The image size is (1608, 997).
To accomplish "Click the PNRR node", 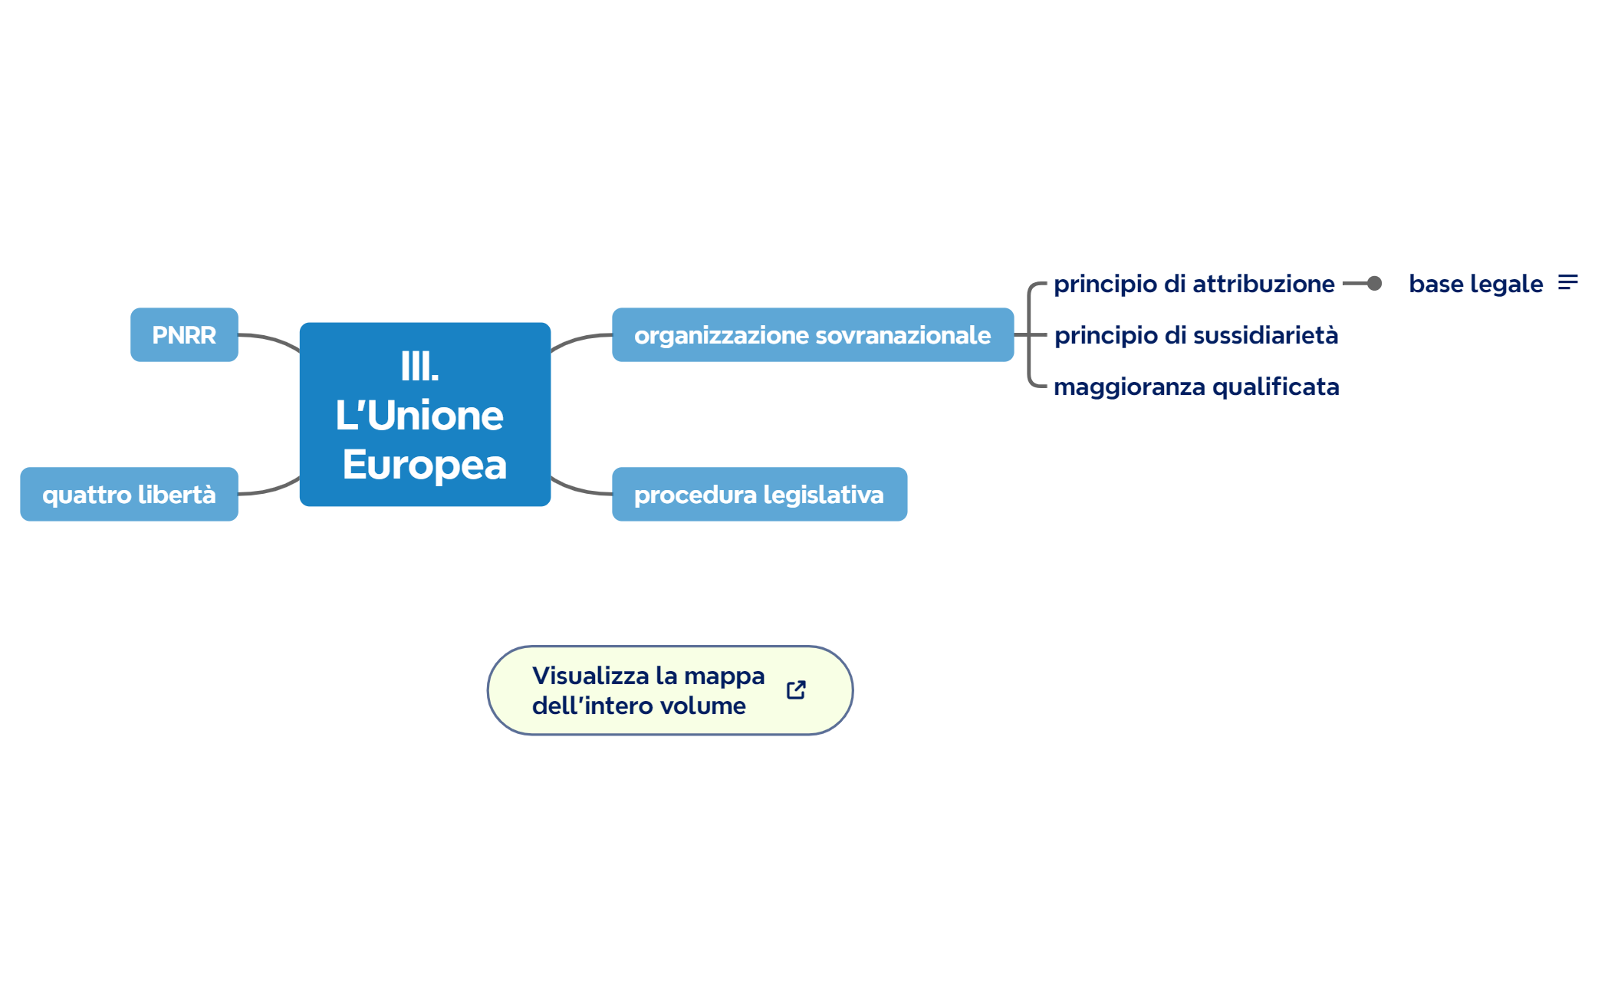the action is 184,335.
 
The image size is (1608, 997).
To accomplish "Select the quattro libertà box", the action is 129,495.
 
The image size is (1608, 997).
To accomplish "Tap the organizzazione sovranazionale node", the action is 812,335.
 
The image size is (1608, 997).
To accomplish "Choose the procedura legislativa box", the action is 759,495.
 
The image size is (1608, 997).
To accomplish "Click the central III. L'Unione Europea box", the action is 425,415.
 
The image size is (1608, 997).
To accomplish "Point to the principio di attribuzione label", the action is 1193,284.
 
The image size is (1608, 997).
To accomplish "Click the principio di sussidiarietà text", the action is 1195,335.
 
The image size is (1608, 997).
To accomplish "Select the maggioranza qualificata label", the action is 1196,387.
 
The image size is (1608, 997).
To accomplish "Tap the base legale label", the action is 1475,284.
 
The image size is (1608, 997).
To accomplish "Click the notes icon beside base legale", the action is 1567,283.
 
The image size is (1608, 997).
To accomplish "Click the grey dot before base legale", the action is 1374,284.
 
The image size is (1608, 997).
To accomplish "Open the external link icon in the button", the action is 796,690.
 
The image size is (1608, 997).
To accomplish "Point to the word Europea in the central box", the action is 425,465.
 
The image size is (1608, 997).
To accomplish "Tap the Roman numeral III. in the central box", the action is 419,367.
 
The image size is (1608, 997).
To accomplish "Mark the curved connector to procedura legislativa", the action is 580,489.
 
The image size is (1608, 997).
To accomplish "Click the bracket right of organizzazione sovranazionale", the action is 1029,335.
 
